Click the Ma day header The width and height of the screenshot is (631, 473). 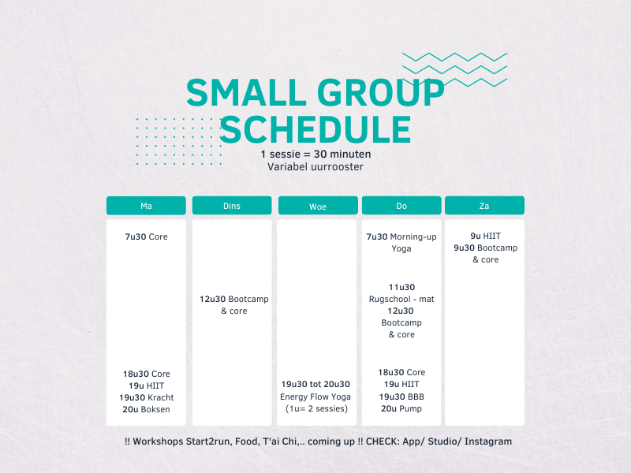point(146,206)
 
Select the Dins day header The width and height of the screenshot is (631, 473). point(232,206)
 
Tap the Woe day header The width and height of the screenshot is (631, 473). point(318,206)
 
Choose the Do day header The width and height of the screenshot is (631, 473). point(401,206)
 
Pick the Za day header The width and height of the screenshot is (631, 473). point(484,206)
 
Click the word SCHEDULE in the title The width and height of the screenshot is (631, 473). point(315,129)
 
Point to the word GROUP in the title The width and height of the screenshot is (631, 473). point(381,92)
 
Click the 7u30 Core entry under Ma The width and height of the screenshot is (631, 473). point(146,236)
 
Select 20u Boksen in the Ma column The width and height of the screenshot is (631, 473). point(146,409)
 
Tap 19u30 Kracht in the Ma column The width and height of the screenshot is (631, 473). point(147,397)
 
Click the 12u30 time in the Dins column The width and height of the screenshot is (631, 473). point(212,299)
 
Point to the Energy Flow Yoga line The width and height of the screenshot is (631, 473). point(315,397)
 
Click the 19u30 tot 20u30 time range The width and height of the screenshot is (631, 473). point(315,384)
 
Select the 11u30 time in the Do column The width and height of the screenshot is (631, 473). point(401,287)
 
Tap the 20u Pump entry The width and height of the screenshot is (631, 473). point(401,408)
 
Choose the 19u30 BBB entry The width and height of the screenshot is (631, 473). point(401,397)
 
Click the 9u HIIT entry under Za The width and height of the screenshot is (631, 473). point(485,236)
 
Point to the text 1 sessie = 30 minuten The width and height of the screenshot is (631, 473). point(315,154)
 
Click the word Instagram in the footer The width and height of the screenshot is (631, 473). point(488,441)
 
